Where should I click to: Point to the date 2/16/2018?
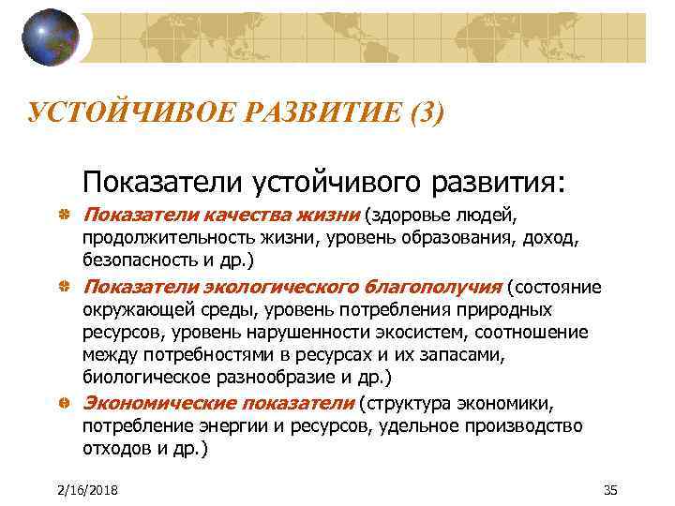[x=82, y=491]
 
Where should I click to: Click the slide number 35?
[x=611, y=491]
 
